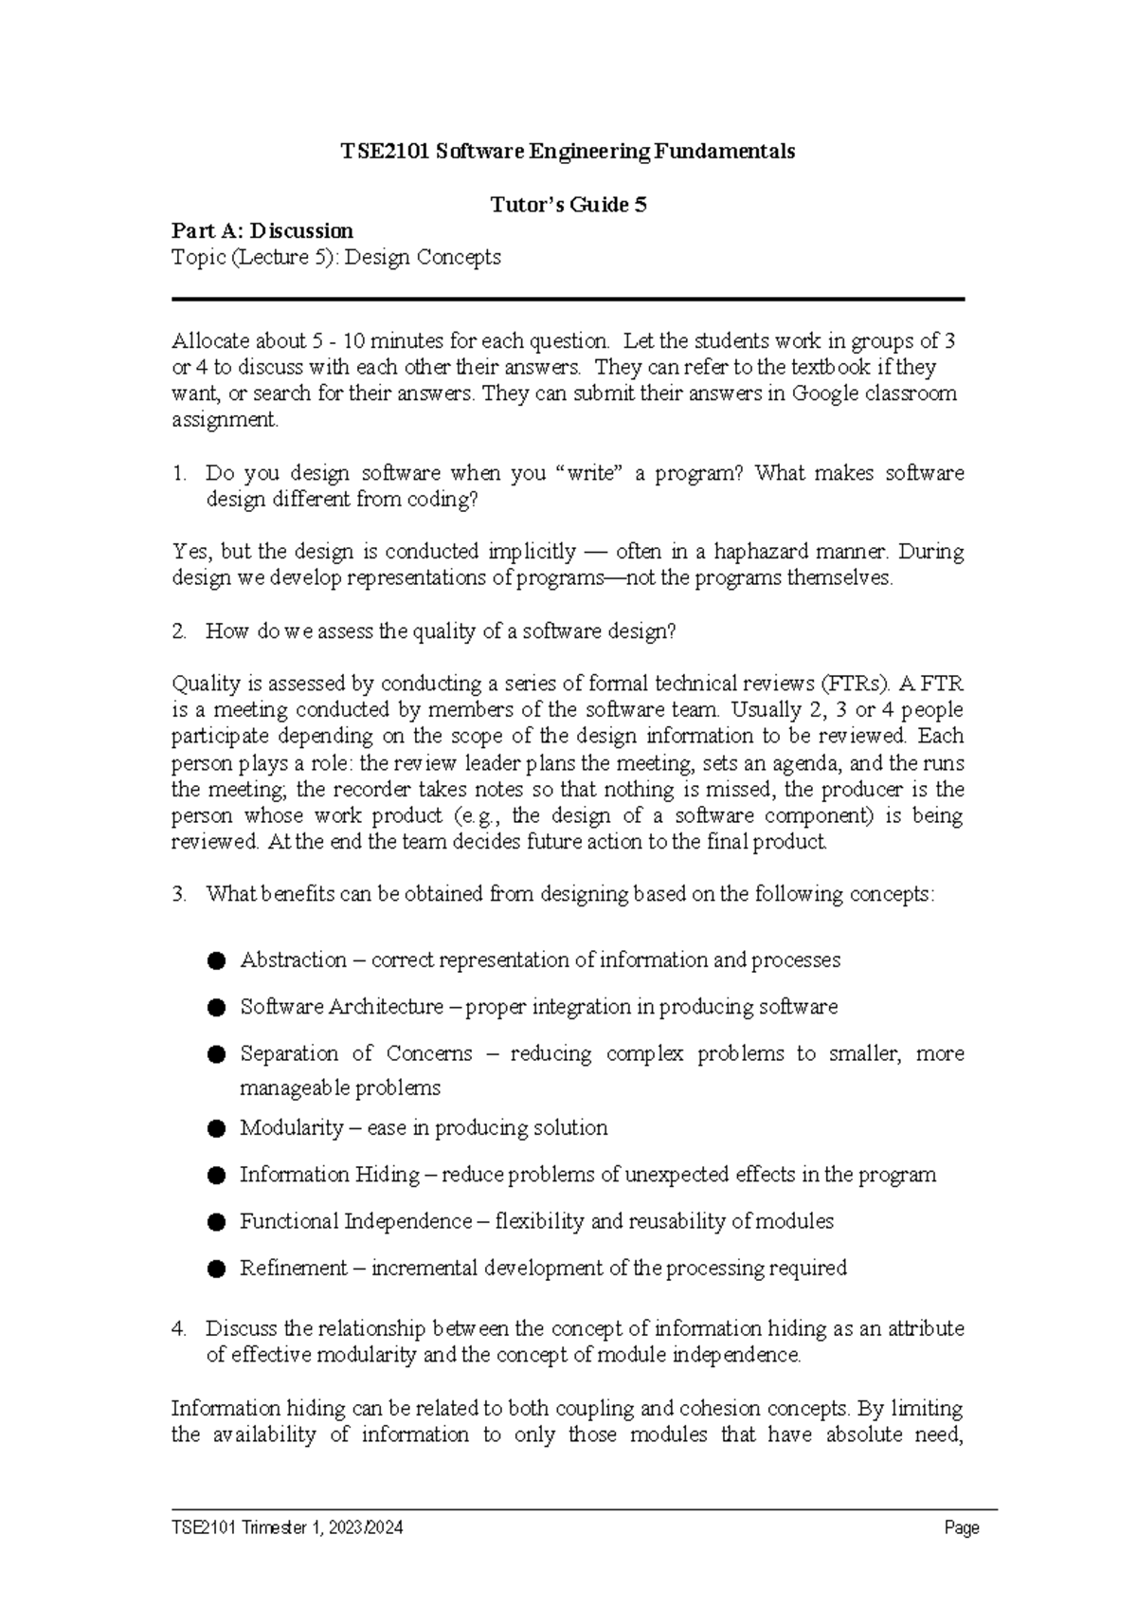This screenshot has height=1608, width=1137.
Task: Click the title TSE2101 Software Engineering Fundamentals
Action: pyautogui.click(x=568, y=152)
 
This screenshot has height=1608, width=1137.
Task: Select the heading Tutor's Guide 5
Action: pyautogui.click(x=568, y=205)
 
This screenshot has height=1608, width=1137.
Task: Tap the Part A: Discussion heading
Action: pyautogui.click(x=262, y=230)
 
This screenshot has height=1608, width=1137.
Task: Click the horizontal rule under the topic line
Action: pyautogui.click(x=568, y=300)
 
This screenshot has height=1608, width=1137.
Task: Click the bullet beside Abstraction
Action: pyautogui.click(x=217, y=960)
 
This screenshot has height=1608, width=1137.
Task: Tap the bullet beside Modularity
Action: pyautogui.click(x=217, y=1128)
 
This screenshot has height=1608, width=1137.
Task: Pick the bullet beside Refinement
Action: pyautogui.click(x=217, y=1269)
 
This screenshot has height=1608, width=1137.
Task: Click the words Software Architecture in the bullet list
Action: pyautogui.click(x=341, y=1007)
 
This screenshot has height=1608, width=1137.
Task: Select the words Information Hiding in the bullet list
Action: pyautogui.click(x=329, y=1175)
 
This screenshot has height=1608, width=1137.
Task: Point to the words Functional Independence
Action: pyautogui.click(x=355, y=1221)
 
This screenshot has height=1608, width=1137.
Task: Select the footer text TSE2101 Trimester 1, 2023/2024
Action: pyautogui.click(x=287, y=1527)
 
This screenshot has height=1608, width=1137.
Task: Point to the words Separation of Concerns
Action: pyautogui.click(x=355, y=1054)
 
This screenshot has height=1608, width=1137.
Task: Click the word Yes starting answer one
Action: pyautogui.click(x=191, y=552)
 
